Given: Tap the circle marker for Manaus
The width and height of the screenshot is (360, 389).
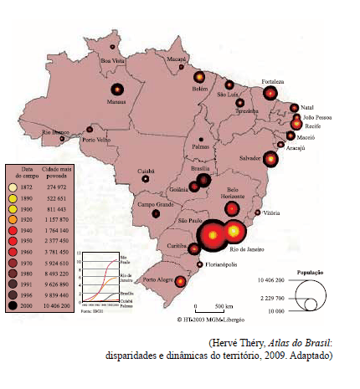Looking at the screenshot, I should point(117,90).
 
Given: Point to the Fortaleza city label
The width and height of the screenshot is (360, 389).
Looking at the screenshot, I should point(273,82).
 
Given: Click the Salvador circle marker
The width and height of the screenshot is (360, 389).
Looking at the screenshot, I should point(270,158).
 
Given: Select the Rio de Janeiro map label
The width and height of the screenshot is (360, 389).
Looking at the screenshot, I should point(255,249).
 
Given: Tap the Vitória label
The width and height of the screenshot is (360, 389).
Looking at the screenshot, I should point(271,213).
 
